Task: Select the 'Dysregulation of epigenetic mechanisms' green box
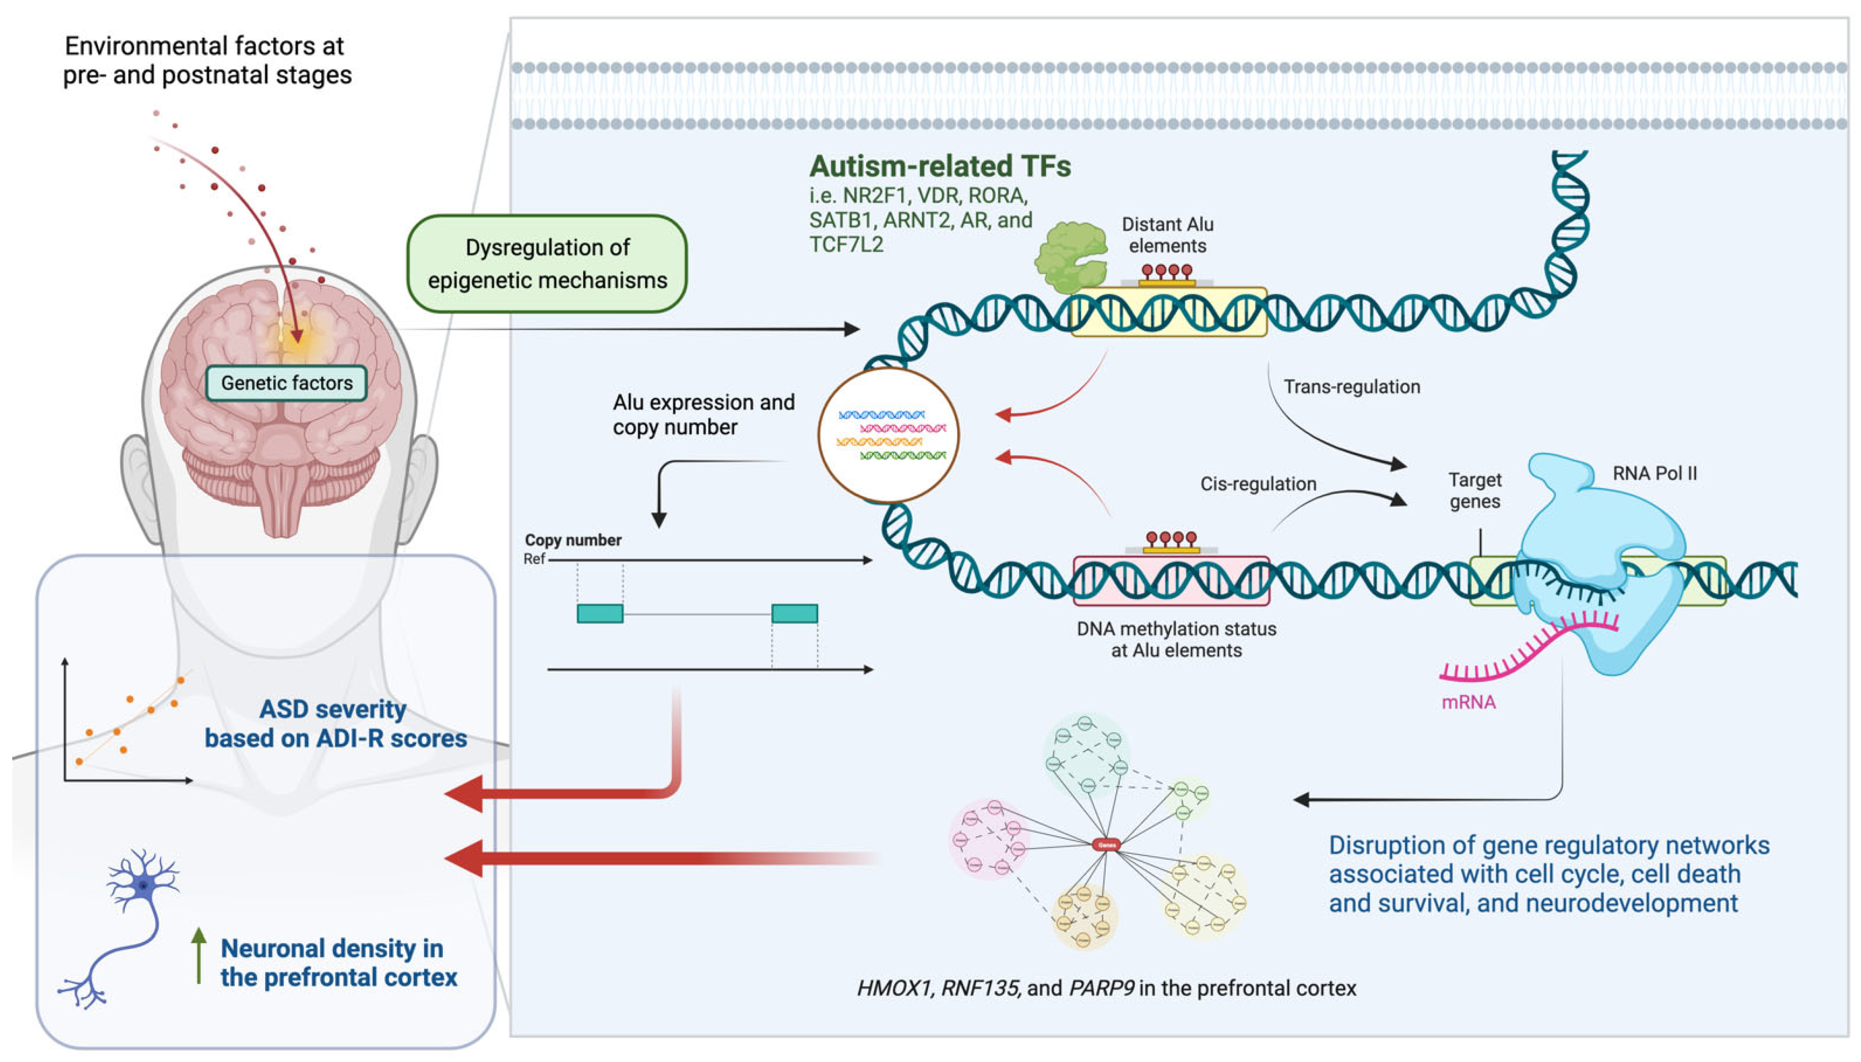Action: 547,263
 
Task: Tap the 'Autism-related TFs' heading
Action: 939,166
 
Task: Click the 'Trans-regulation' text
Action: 1351,387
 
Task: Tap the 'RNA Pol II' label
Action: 1654,473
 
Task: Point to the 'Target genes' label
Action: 1475,490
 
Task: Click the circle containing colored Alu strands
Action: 888,436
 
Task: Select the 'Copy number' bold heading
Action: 573,540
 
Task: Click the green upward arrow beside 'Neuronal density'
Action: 198,955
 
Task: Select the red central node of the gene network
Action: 1106,845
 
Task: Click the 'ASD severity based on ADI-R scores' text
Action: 335,723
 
